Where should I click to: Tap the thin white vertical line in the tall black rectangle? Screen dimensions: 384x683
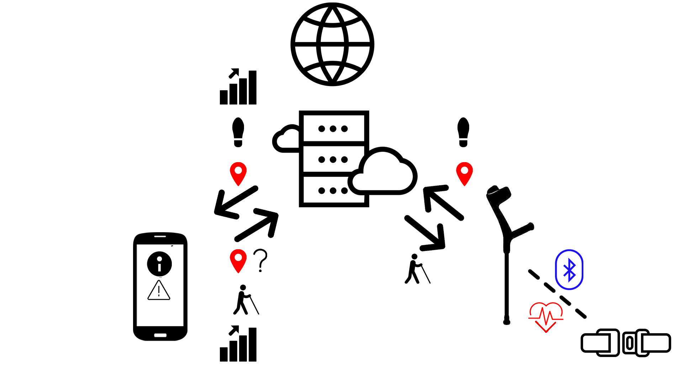[173, 266]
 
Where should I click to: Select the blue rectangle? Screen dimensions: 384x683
[569, 269]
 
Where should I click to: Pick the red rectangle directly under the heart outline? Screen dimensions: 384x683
[545, 327]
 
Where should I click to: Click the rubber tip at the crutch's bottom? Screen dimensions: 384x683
[507, 322]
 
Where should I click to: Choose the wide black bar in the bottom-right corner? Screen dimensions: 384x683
[625, 343]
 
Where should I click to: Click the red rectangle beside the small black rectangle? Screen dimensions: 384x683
[238, 261]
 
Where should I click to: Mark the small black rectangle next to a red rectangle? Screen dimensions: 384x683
[260, 260]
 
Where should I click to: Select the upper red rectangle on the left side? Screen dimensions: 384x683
[238, 174]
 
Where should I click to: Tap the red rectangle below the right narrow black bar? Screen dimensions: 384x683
[464, 174]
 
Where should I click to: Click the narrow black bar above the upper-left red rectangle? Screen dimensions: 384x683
[238, 132]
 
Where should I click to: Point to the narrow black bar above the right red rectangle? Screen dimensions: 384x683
[463, 132]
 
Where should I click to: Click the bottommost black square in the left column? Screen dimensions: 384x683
[238, 343]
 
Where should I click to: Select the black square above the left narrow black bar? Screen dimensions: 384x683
[238, 86]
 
